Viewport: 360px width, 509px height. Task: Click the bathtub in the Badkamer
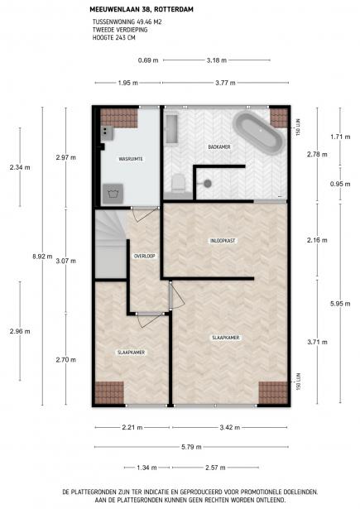pyautogui.click(x=259, y=132)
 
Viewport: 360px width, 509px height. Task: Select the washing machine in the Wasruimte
pyautogui.click(x=113, y=194)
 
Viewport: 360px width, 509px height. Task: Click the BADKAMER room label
pyautogui.click(x=219, y=147)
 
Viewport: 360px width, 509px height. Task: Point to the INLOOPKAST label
pyautogui.click(x=223, y=241)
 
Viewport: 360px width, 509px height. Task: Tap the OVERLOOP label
pyautogui.click(x=145, y=256)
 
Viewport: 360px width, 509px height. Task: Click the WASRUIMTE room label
pyautogui.click(x=131, y=159)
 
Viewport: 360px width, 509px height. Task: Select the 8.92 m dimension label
pyautogui.click(x=42, y=256)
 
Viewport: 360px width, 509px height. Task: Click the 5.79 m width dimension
pyautogui.click(x=191, y=447)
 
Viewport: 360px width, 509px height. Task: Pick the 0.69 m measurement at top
pyautogui.click(x=148, y=60)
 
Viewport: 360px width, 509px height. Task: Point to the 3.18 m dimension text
pyautogui.click(x=217, y=60)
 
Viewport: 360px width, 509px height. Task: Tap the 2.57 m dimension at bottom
pyautogui.click(x=215, y=468)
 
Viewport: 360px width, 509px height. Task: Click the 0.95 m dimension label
pyautogui.click(x=340, y=184)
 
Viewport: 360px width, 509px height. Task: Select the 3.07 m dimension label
pyautogui.click(x=66, y=261)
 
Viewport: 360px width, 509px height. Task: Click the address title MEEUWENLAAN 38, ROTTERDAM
pyautogui.click(x=142, y=9)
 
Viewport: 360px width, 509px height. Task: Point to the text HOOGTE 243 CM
pyautogui.click(x=114, y=37)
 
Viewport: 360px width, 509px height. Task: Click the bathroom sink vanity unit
pyautogui.click(x=171, y=129)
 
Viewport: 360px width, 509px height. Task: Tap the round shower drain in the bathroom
pyautogui.click(x=208, y=184)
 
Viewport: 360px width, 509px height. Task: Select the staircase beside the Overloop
pyautogui.click(x=110, y=244)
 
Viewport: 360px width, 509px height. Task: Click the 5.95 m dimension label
pyautogui.click(x=340, y=304)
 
